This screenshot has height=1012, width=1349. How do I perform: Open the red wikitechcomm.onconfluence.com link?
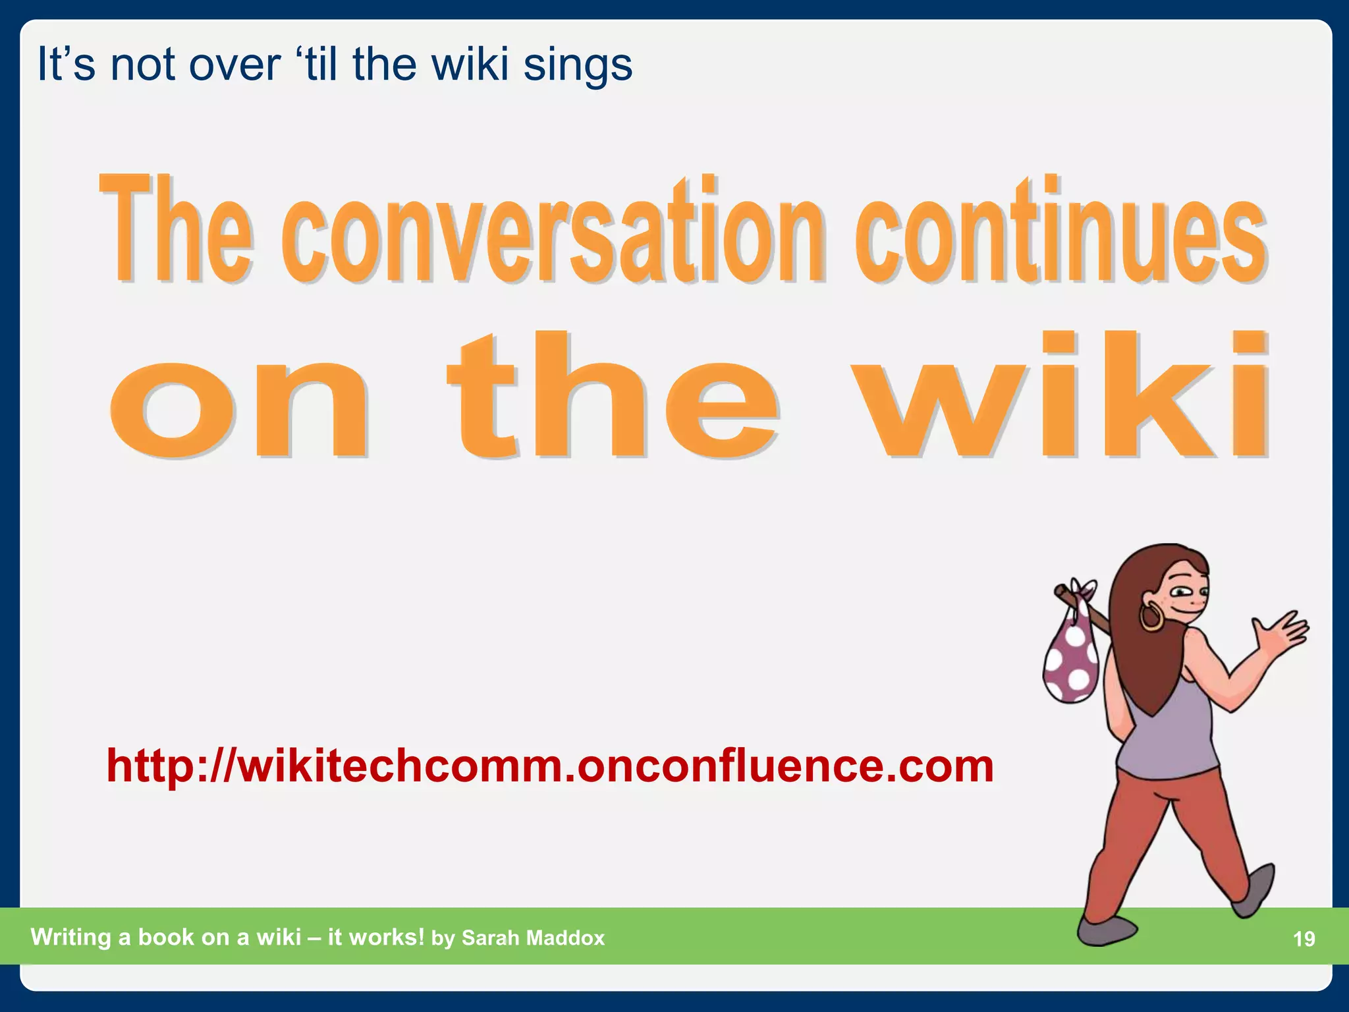pos(550,766)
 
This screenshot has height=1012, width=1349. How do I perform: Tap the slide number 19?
pos(1304,939)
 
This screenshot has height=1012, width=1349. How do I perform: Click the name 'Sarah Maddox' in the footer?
pos(533,938)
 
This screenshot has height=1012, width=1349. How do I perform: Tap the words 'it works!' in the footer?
pos(375,937)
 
